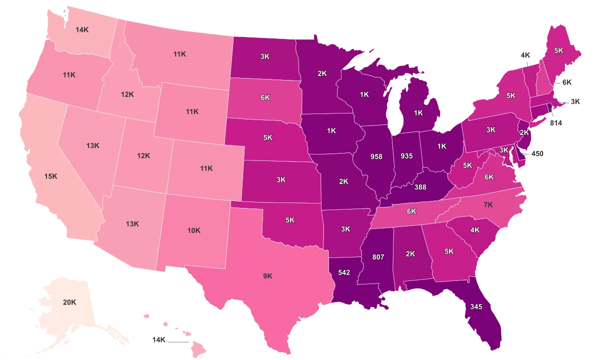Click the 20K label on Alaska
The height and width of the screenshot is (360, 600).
point(69,302)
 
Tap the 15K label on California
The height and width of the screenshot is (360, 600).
point(50,176)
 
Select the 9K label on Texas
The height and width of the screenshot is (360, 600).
point(267,275)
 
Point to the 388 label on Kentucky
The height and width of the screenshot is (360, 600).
point(420,187)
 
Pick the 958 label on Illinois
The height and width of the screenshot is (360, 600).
point(376,156)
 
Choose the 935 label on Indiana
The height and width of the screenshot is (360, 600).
point(406,156)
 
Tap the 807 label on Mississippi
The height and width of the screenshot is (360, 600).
point(378,257)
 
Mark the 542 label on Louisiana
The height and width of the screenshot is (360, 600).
point(344,273)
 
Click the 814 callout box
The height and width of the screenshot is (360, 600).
point(555,122)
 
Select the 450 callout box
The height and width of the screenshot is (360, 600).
point(537,153)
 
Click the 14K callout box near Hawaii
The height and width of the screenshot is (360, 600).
point(158,339)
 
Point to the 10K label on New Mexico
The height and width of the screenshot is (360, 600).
point(193,230)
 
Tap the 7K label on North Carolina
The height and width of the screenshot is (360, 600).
point(488,205)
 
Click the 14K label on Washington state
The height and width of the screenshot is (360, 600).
point(82,29)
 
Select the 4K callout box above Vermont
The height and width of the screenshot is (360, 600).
point(525,55)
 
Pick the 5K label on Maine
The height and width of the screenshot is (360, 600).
point(558,50)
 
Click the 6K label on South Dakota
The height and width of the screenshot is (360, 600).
point(265,98)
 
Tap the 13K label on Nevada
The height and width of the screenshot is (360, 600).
point(92,145)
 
